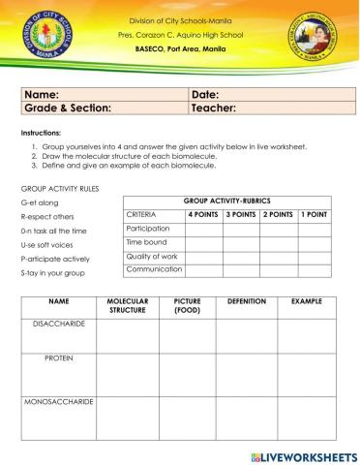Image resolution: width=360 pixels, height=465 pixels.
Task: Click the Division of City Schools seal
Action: coord(43,39)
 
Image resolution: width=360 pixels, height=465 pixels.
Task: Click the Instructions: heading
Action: coord(41,132)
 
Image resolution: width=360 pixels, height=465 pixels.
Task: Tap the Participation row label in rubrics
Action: coord(147,229)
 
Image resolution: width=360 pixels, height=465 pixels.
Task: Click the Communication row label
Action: coord(154,269)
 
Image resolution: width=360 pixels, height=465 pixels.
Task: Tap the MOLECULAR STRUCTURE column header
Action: coord(126,306)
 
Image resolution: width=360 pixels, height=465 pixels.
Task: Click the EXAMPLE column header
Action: coord(307,302)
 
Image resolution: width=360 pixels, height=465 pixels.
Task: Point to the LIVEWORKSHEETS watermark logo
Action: coord(303,455)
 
